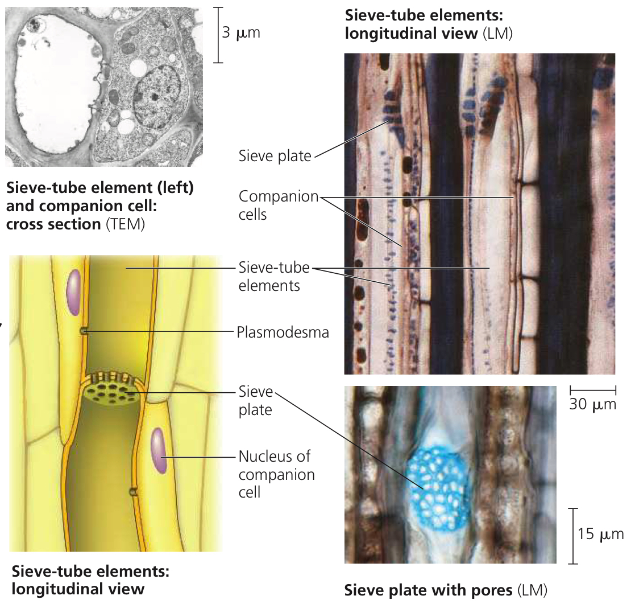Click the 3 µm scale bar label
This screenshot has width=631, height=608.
(x=241, y=32)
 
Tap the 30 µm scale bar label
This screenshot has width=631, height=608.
(x=592, y=404)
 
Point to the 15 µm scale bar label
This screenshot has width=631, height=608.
(x=600, y=534)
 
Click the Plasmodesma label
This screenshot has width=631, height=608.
(x=283, y=332)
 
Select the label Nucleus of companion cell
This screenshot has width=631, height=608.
(x=276, y=474)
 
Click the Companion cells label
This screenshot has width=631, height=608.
(x=279, y=205)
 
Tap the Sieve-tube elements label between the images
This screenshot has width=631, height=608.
(x=274, y=277)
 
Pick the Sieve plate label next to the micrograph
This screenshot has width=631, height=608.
(x=275, y=156)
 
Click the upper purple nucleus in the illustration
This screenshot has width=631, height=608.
(x=74, y=292)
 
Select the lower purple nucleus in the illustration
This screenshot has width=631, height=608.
(x=159, y=451)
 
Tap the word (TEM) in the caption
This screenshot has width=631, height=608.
(x=125, y=224)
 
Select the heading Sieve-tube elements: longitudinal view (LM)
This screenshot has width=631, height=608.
(x=429, y=24)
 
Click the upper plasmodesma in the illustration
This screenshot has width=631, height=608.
(x=84, y=331)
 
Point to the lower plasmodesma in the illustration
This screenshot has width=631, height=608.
(x=133, y=491)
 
